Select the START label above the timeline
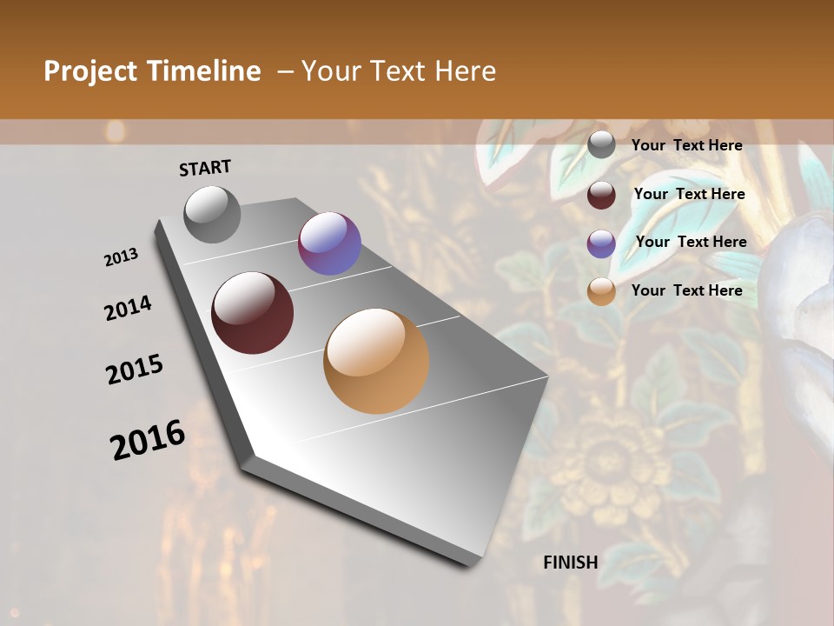click(x=205, y=168)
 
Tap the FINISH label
click(x=571, y=562)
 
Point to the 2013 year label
click(x=122, y=257)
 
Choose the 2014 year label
click(x=129, y=309)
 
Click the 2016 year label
click(x=148, y=440)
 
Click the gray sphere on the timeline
click(x=212, y=214)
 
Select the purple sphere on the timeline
click(x=329, y=243)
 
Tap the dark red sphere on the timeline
click(x=252, y=313)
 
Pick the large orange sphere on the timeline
click(x=376, y=361)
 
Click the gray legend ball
click(x=601, y=145)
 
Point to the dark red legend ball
click(x=601, y=194)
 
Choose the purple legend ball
click(x=601, y=243)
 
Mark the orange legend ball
click(x=601, y=291)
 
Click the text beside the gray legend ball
click(x=687, y=145)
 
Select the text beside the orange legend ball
click(x=687, y=290)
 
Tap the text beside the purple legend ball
click(x=692, y=242)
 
